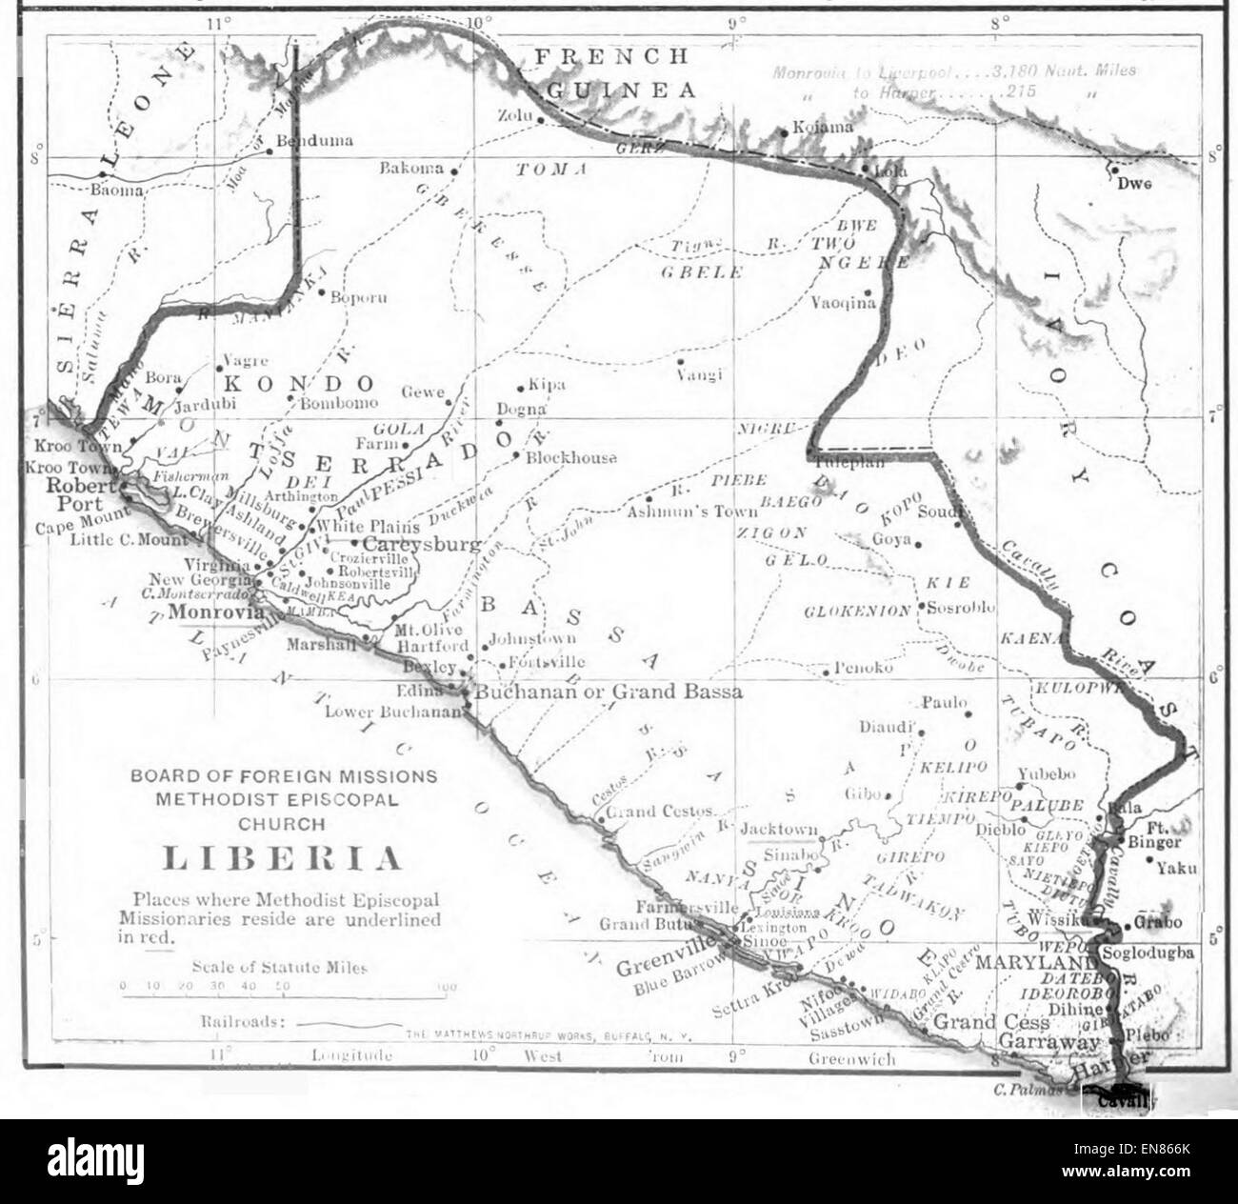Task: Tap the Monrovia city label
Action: click(215, 612)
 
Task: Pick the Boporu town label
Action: click(358, 297)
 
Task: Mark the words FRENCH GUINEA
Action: click(614, 73)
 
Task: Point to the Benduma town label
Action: click(313, 141)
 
